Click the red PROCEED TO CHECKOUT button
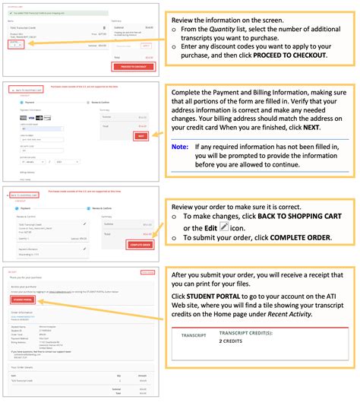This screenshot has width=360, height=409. click(x=133, y=66)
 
